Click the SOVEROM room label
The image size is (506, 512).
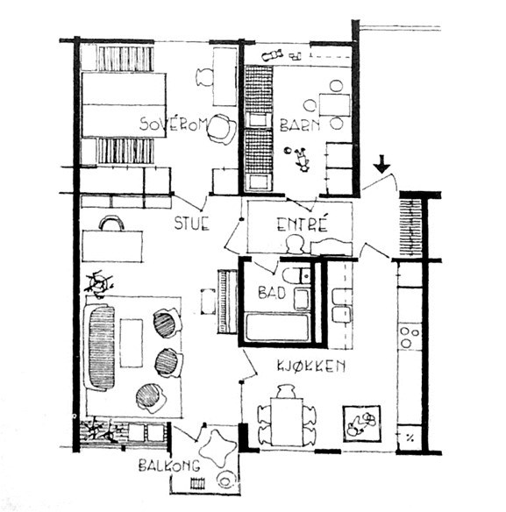tap(174, 124)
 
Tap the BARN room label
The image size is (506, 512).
tap(300, 125)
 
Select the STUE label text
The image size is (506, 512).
tap(191, 224)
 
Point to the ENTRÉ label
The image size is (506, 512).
tap(303, 224)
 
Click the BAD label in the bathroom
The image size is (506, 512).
tap(272, 292)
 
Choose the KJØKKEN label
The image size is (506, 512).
tap(311, 366)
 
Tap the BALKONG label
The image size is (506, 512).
tap(169, 466)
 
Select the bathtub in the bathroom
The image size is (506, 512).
tap(277, 327)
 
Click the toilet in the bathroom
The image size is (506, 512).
tap(296, 276)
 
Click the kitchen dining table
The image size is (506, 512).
tap(287, 422)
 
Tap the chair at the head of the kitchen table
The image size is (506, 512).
tap(286, 391)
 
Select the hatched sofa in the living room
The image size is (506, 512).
tap(100, 347)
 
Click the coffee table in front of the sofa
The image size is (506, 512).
tap(132, 343)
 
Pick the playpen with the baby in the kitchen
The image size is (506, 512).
tap(362, 423)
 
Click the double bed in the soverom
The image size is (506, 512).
tap(125, 105)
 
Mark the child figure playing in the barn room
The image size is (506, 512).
tap(302, 160)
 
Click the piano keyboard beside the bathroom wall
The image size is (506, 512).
tap(227, 302)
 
